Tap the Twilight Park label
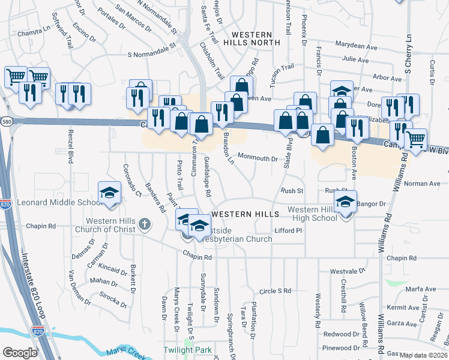click(x=187, y=350)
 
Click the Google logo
click(x=20, y=353)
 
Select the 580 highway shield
click(x=5, y=121)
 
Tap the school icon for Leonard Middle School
click(x=110, y=193)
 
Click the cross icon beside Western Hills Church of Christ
click(x=143, y=224)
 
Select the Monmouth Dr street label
click(x=258, y=159)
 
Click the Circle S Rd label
click(x=275, y=291)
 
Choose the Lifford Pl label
click(x=288, y=230)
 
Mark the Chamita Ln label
click(x=34, y=33)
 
